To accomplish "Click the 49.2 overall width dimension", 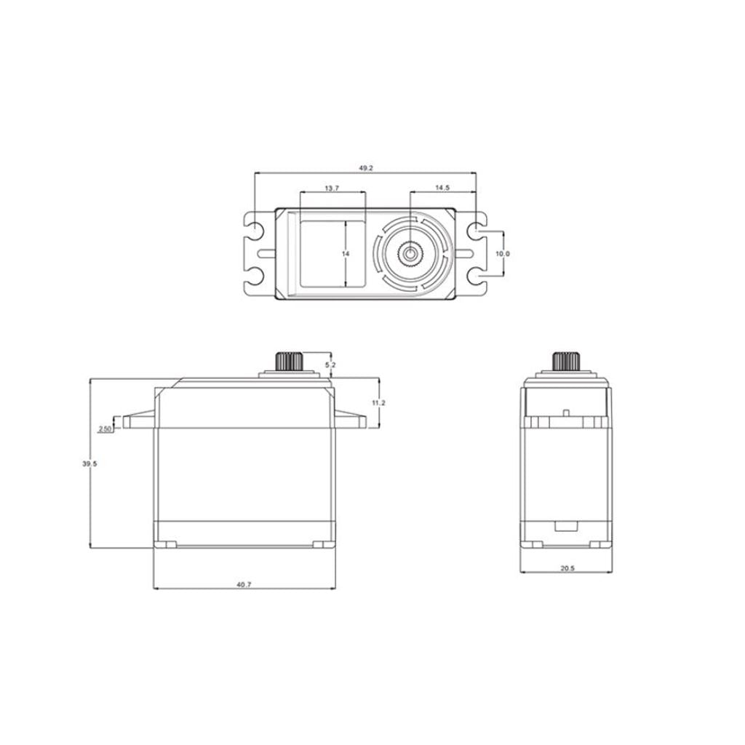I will [365, 168].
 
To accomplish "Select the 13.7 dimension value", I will [332, 188].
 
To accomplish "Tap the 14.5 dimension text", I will [442, 188].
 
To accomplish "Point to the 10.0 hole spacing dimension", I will [503, 254].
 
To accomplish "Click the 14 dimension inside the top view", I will [346, 253].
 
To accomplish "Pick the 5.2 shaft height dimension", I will [330, 364].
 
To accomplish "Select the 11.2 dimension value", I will [378, 403].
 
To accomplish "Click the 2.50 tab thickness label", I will [105, 429].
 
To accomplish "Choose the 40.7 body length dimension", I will [244, 584].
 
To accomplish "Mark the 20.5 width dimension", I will [568, 569].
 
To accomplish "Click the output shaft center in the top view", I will [412, 254].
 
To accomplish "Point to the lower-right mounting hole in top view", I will [477, 276].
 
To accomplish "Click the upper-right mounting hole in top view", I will [477, 231].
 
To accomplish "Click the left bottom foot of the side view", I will [167, 544].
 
